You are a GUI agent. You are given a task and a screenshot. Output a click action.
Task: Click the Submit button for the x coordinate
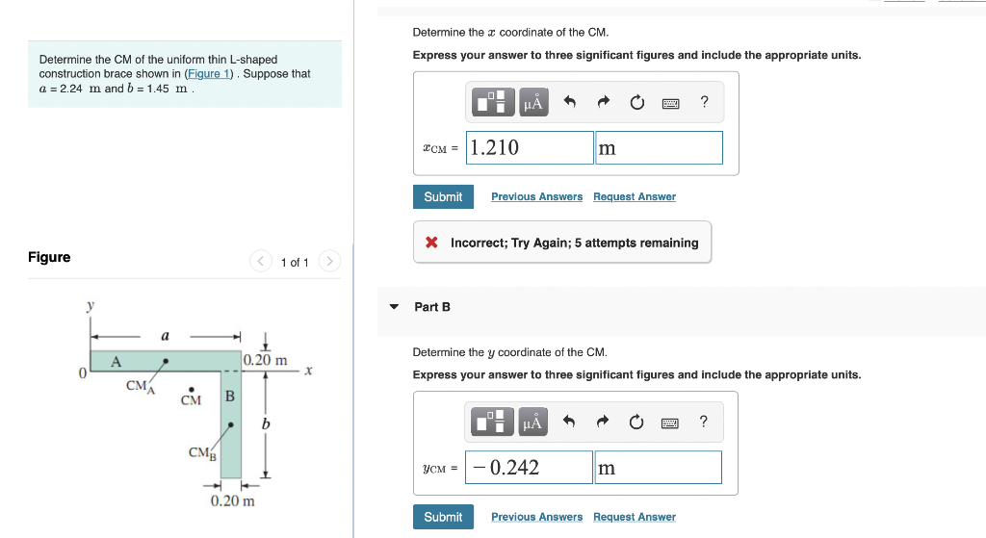[x=443, y=196]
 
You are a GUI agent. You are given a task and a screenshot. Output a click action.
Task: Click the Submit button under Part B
[x=443, y=517]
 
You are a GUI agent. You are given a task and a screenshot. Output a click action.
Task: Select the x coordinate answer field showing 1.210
[x=530, y=147]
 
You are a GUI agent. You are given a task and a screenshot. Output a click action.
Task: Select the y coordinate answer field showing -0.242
[x=529, y=468]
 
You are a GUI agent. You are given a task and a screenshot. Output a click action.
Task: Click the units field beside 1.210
[x=659, y=147]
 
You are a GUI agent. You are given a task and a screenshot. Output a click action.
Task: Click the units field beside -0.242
[x=658, y=468]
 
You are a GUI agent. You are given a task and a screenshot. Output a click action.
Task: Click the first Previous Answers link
[x=536, y=196]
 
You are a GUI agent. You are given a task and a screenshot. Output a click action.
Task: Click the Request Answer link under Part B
[x=634, y=517]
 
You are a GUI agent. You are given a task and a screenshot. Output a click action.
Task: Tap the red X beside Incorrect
[x=432, y=243]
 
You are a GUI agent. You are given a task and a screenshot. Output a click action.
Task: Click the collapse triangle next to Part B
[x=393, y=307]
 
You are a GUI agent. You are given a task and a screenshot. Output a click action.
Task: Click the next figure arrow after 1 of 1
[x=329, y=261]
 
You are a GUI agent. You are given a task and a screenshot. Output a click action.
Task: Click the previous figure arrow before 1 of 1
[x=261, y=261]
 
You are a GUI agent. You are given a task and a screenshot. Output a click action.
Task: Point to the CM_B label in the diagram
[x=202, y=452]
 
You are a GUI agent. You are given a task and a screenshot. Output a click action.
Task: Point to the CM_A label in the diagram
[x=140, y=387]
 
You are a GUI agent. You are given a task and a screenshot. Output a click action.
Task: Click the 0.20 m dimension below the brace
[x=233, y=500]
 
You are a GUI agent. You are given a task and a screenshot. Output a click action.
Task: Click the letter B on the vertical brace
[x=229, y=396]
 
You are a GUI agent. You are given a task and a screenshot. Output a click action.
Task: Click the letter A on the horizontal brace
[x=116, y=362]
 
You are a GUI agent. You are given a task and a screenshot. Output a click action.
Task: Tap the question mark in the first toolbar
[x=704, y=102]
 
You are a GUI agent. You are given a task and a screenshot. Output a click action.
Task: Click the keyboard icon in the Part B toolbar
[x=671, y=423]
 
